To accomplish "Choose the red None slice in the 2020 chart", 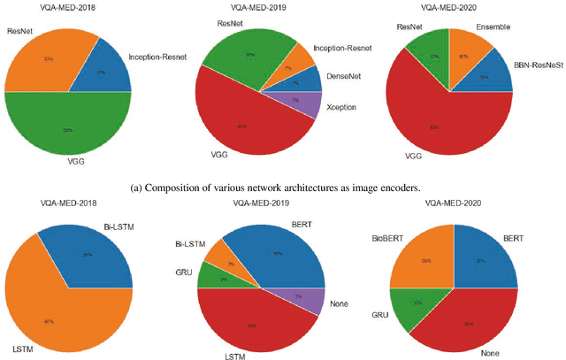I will coord(469,318).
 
